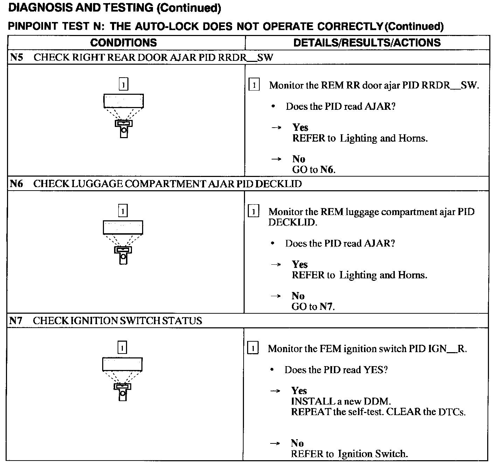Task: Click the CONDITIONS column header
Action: click(x=124, y=43)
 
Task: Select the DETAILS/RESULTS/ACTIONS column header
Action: click(x=367, y=43)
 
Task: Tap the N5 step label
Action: click(x=16, y=57)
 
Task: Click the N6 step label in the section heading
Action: click(x=16, y=184)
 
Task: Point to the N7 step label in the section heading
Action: click(x=16, y=321)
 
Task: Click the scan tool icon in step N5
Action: click(x=124, y=115)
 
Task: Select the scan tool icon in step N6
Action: click(x=123, y=242)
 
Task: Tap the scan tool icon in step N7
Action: click(x=122, y=379)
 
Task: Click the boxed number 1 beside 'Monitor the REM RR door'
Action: click(x=254, y=85)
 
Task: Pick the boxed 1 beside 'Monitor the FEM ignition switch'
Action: click(x=253, y=348)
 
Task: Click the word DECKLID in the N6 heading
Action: click(x=278, y=184)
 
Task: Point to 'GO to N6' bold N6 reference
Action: click(x=327, y=170)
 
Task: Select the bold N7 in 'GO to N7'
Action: click(x=327, y=307)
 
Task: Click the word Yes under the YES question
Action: click(x=299, y=391)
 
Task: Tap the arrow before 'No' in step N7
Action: click(x=275, y=443)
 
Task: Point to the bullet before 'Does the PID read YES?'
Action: click(x=272, y=370)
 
